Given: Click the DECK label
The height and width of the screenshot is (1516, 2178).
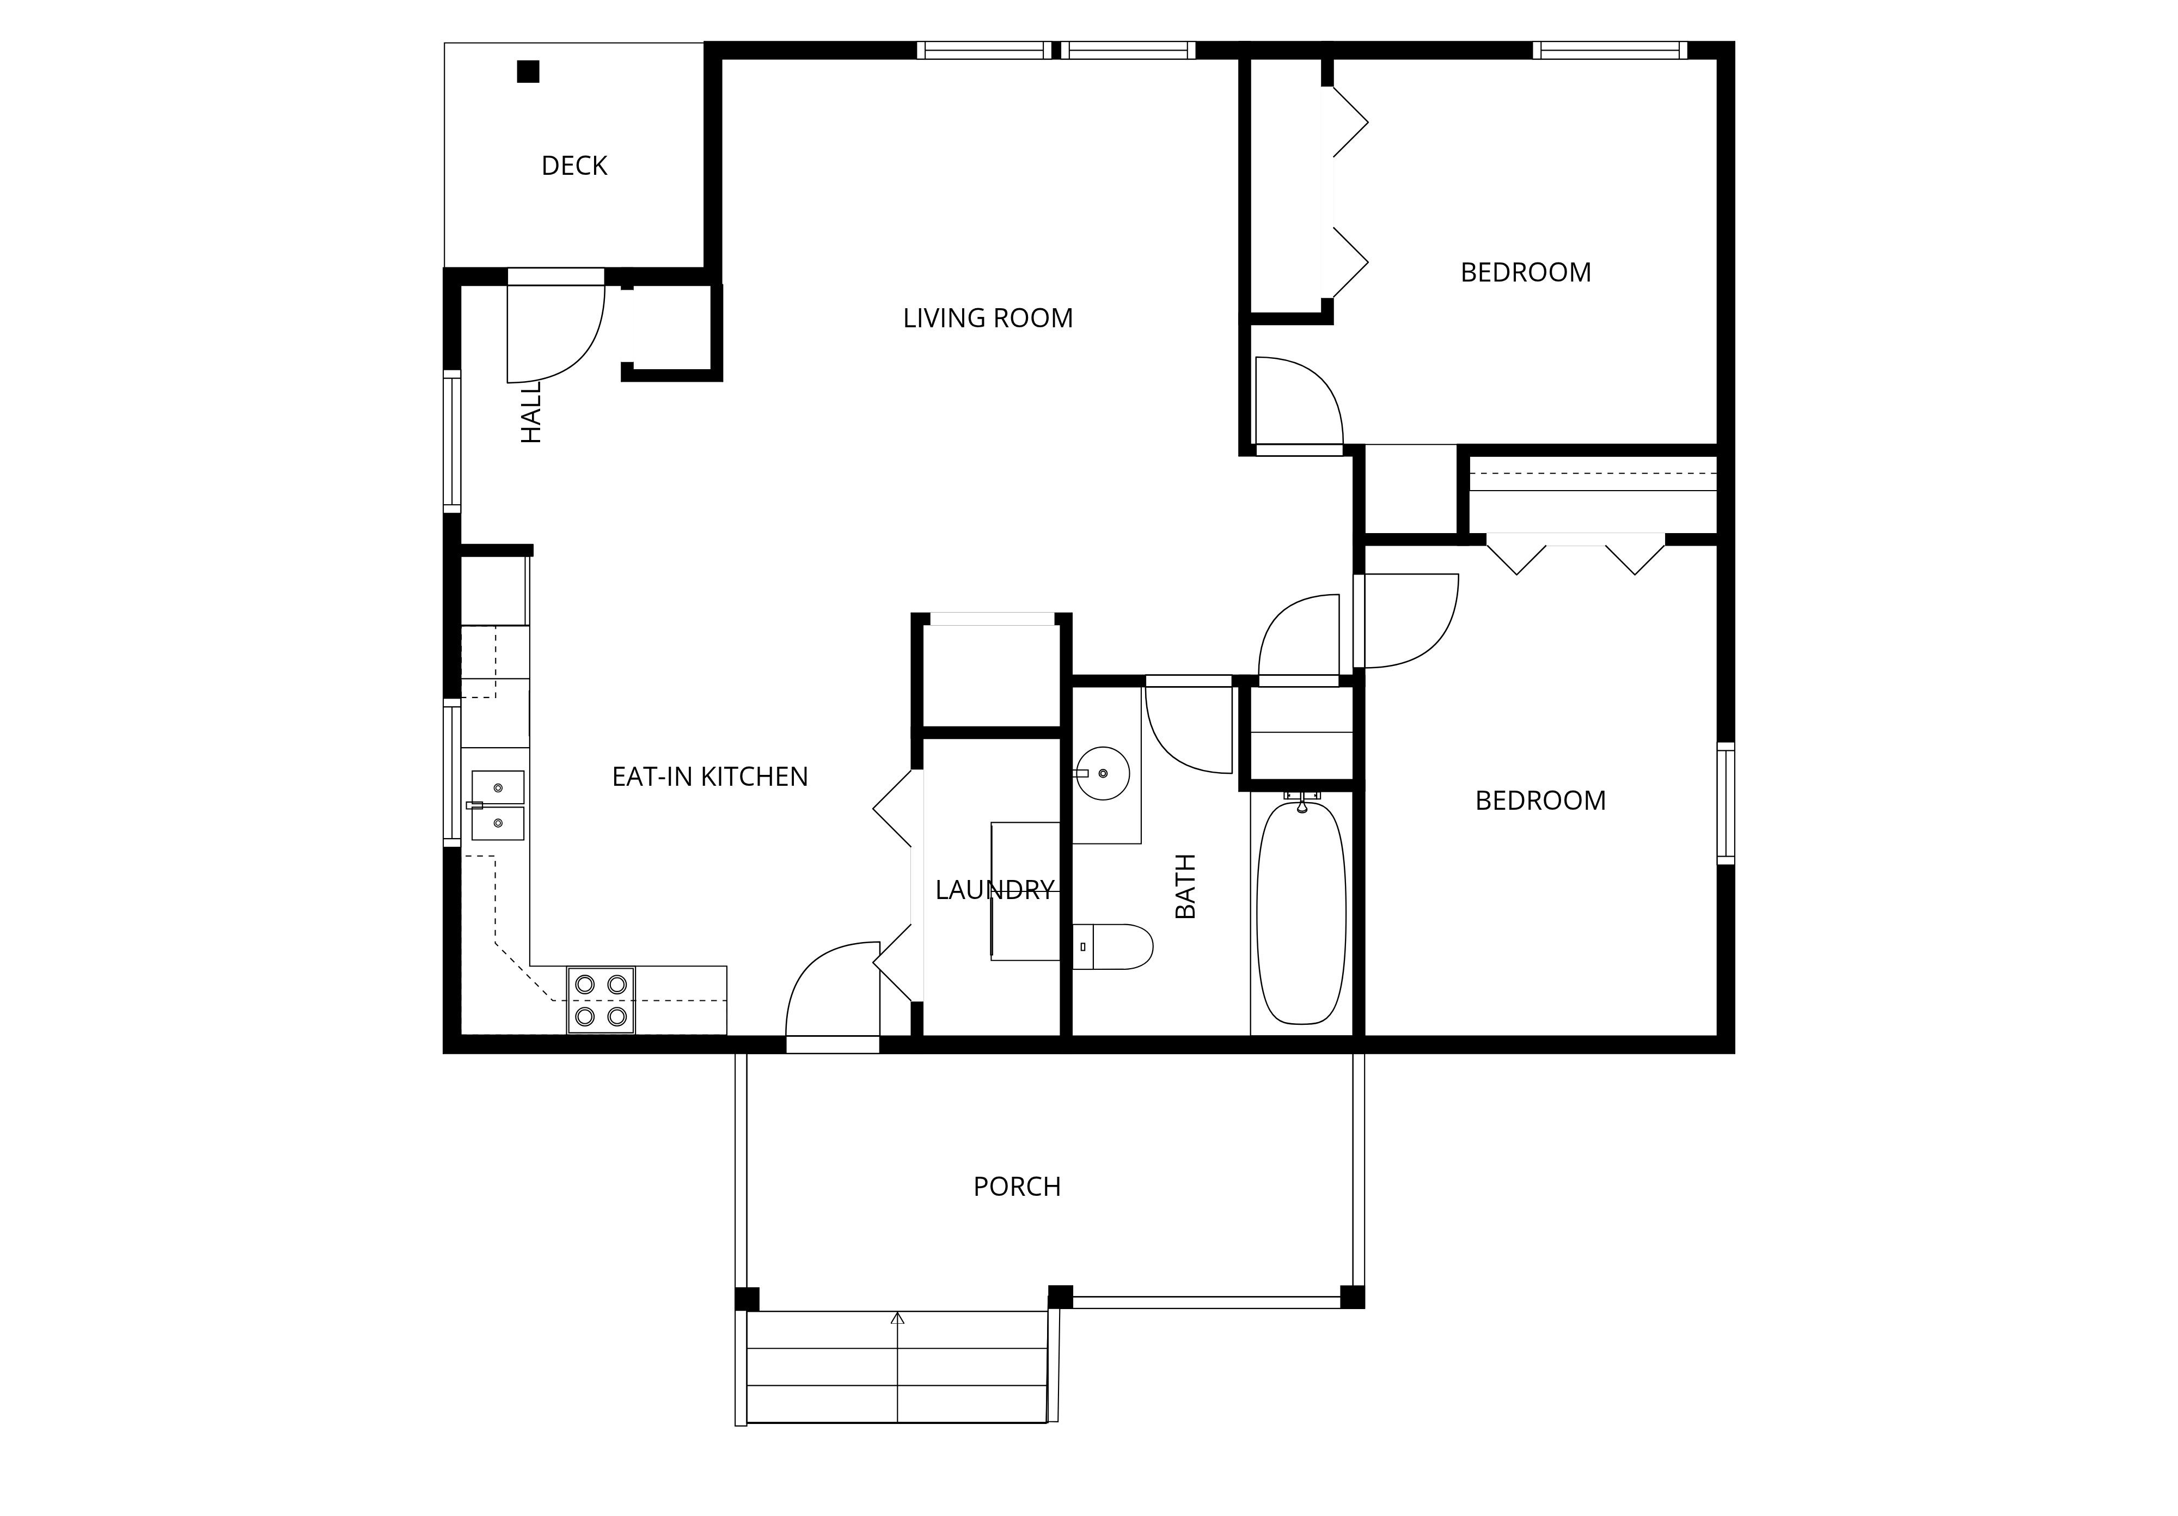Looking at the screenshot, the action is tap(574, 166).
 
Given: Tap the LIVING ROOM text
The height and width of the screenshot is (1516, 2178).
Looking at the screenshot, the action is tap(988, 319).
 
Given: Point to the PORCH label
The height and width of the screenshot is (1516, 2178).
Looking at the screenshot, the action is tap(1017, 1187).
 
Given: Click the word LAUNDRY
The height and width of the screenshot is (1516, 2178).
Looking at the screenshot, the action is tap(994, 890).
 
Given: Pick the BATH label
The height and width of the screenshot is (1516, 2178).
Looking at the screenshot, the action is tap(1186, 886).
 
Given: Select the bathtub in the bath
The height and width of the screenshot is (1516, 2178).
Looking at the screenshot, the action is tap(1301, 913).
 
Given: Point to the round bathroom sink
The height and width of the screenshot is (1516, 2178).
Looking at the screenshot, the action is tap(1102, 773).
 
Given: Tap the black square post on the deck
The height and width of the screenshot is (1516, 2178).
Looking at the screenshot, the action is tap(528, 71).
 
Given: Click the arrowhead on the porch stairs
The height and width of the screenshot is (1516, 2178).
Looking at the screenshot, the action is tap(897, 1318).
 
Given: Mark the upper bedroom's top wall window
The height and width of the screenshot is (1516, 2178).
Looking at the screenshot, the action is tap(1610, 50).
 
